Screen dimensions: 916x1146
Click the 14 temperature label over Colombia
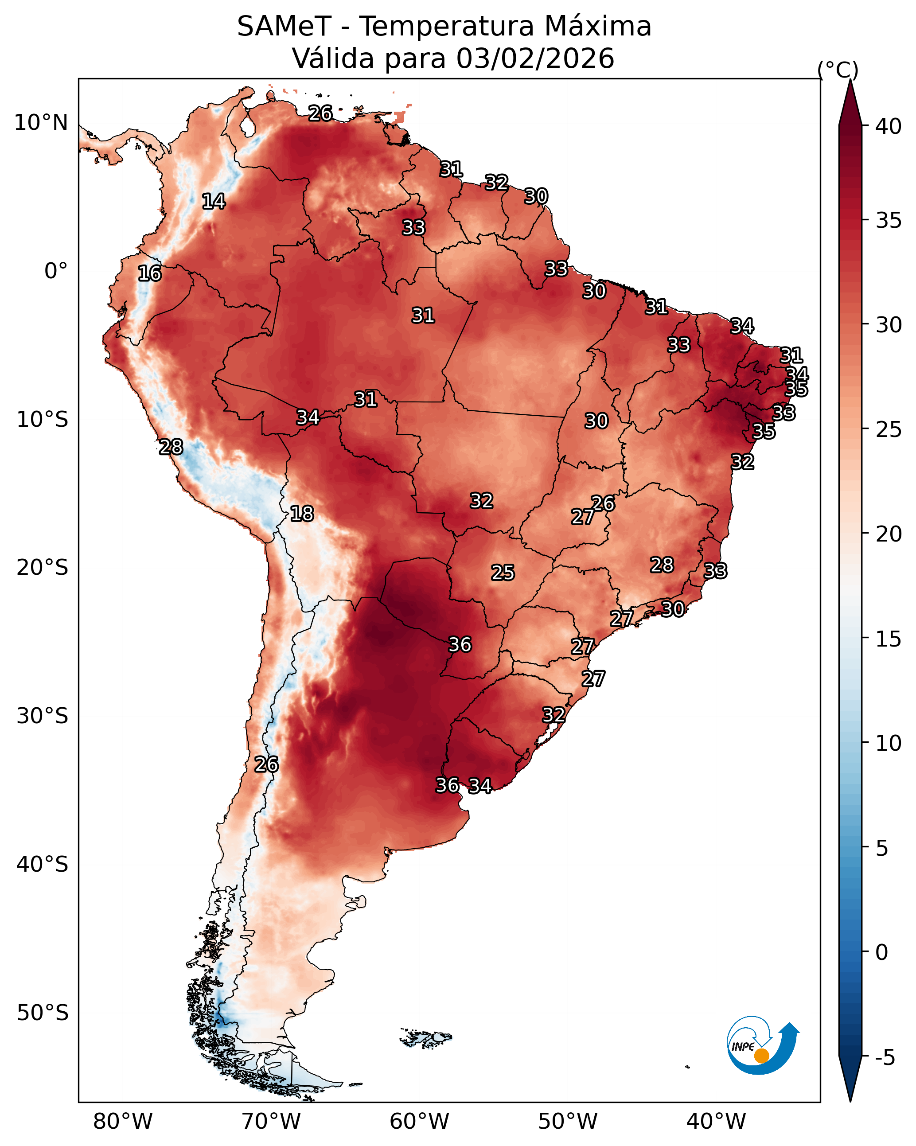[x=214, y=202]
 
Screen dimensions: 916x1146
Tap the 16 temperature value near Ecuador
[x=149, y=274]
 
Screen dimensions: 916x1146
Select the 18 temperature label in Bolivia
[x=302, y=514]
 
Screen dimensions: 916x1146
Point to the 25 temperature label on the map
[x=503, y=573]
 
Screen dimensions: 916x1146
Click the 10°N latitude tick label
[x=41, y=123]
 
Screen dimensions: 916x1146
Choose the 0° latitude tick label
[x=56, y=271]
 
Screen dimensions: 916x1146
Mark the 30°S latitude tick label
[x=43, y=716]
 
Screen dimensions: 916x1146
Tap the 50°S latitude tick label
[x=43, y=1013]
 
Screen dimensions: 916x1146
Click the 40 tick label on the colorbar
[x=889, y=126]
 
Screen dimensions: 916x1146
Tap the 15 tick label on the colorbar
[x=889, y=639]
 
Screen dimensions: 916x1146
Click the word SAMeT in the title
[x=284, y=27]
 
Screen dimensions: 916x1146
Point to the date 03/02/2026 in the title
[x=535, y=58]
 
